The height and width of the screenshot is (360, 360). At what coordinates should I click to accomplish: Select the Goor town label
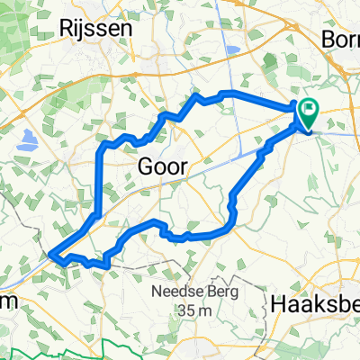[163, 166]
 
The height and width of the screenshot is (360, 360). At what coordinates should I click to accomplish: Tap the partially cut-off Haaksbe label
[314, 306]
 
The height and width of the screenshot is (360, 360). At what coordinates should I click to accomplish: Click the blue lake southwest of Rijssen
[25, 139]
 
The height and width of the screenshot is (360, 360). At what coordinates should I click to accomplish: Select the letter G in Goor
[147, 166]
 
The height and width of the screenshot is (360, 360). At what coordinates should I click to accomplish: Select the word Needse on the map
[168, 292]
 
